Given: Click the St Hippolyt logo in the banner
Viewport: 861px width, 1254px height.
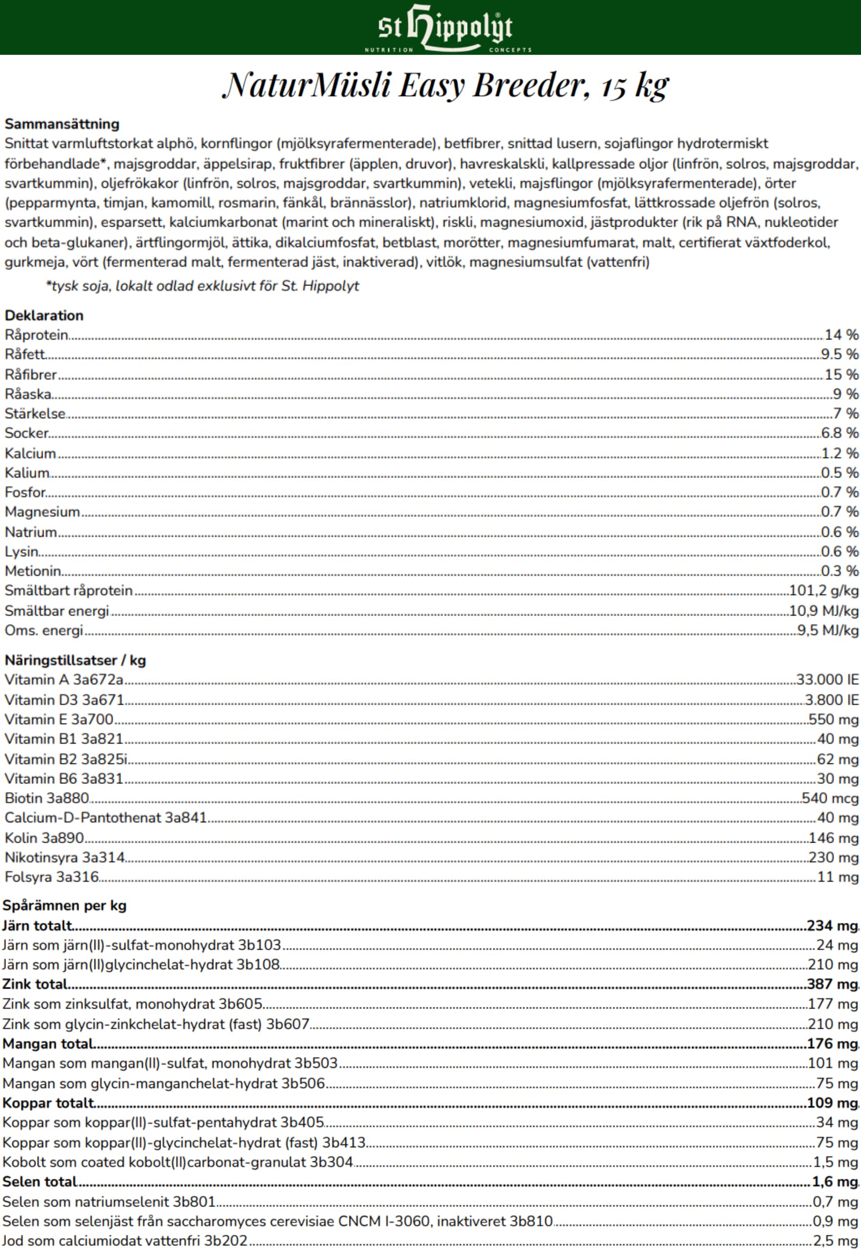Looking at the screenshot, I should [446, 28].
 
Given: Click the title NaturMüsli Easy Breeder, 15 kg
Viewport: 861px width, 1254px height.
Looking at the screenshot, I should [446, 85].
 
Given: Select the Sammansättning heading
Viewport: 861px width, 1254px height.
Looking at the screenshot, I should [62, 124].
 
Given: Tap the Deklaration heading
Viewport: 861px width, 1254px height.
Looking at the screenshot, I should [44, 316].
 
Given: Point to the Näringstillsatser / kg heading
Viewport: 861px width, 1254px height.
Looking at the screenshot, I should [75, 660].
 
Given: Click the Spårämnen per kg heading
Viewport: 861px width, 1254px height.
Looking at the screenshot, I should [64, 906].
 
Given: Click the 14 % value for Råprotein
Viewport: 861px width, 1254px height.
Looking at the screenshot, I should [841, 335].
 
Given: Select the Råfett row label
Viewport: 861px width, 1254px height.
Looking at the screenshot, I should [25, 354].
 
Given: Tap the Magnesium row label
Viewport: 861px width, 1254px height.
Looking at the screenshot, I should [42, 512].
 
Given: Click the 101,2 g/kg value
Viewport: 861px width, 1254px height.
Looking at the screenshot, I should [823, 591].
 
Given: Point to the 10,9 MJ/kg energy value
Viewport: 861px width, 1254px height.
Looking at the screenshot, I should [823, 611].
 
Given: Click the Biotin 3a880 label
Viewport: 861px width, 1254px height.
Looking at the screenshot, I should [47, 798].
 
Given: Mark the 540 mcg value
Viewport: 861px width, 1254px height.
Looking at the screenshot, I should [830, 798].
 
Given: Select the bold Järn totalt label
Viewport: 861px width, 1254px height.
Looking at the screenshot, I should [37, 925].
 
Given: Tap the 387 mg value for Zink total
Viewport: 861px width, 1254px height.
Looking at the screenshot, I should [832, 984].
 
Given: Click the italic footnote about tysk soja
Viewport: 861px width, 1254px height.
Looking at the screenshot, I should [203, 286].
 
